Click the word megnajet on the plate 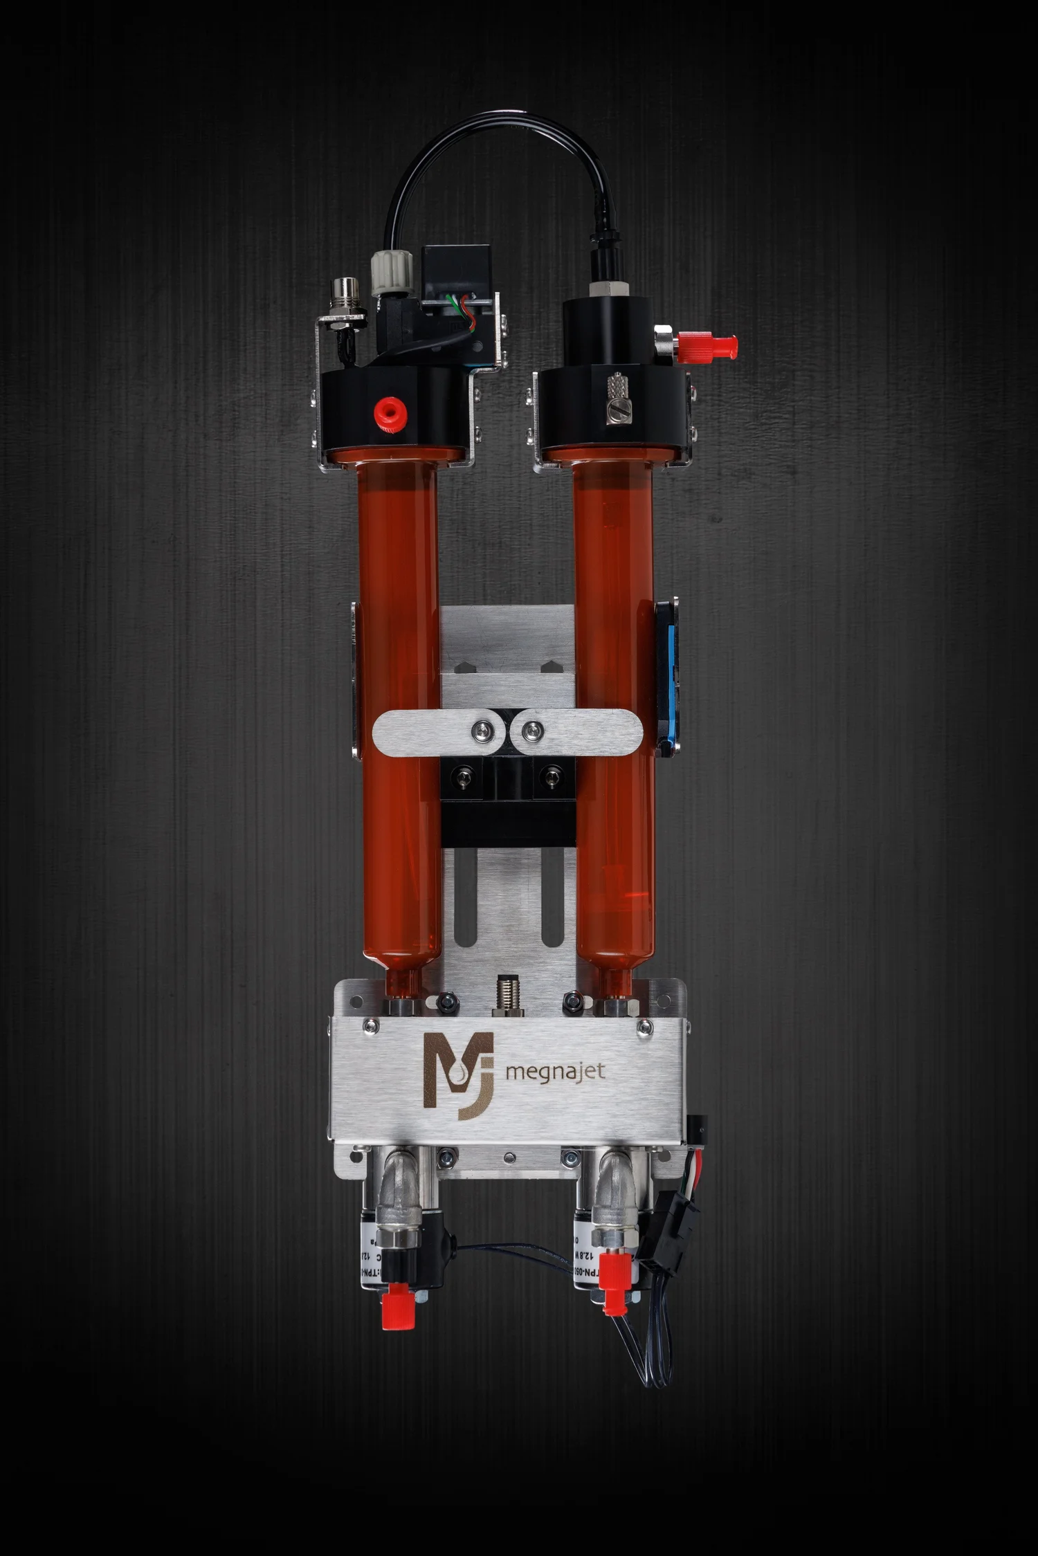pos(556,1072)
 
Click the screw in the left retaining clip pos(482,728)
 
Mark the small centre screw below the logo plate pos(509,1156)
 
